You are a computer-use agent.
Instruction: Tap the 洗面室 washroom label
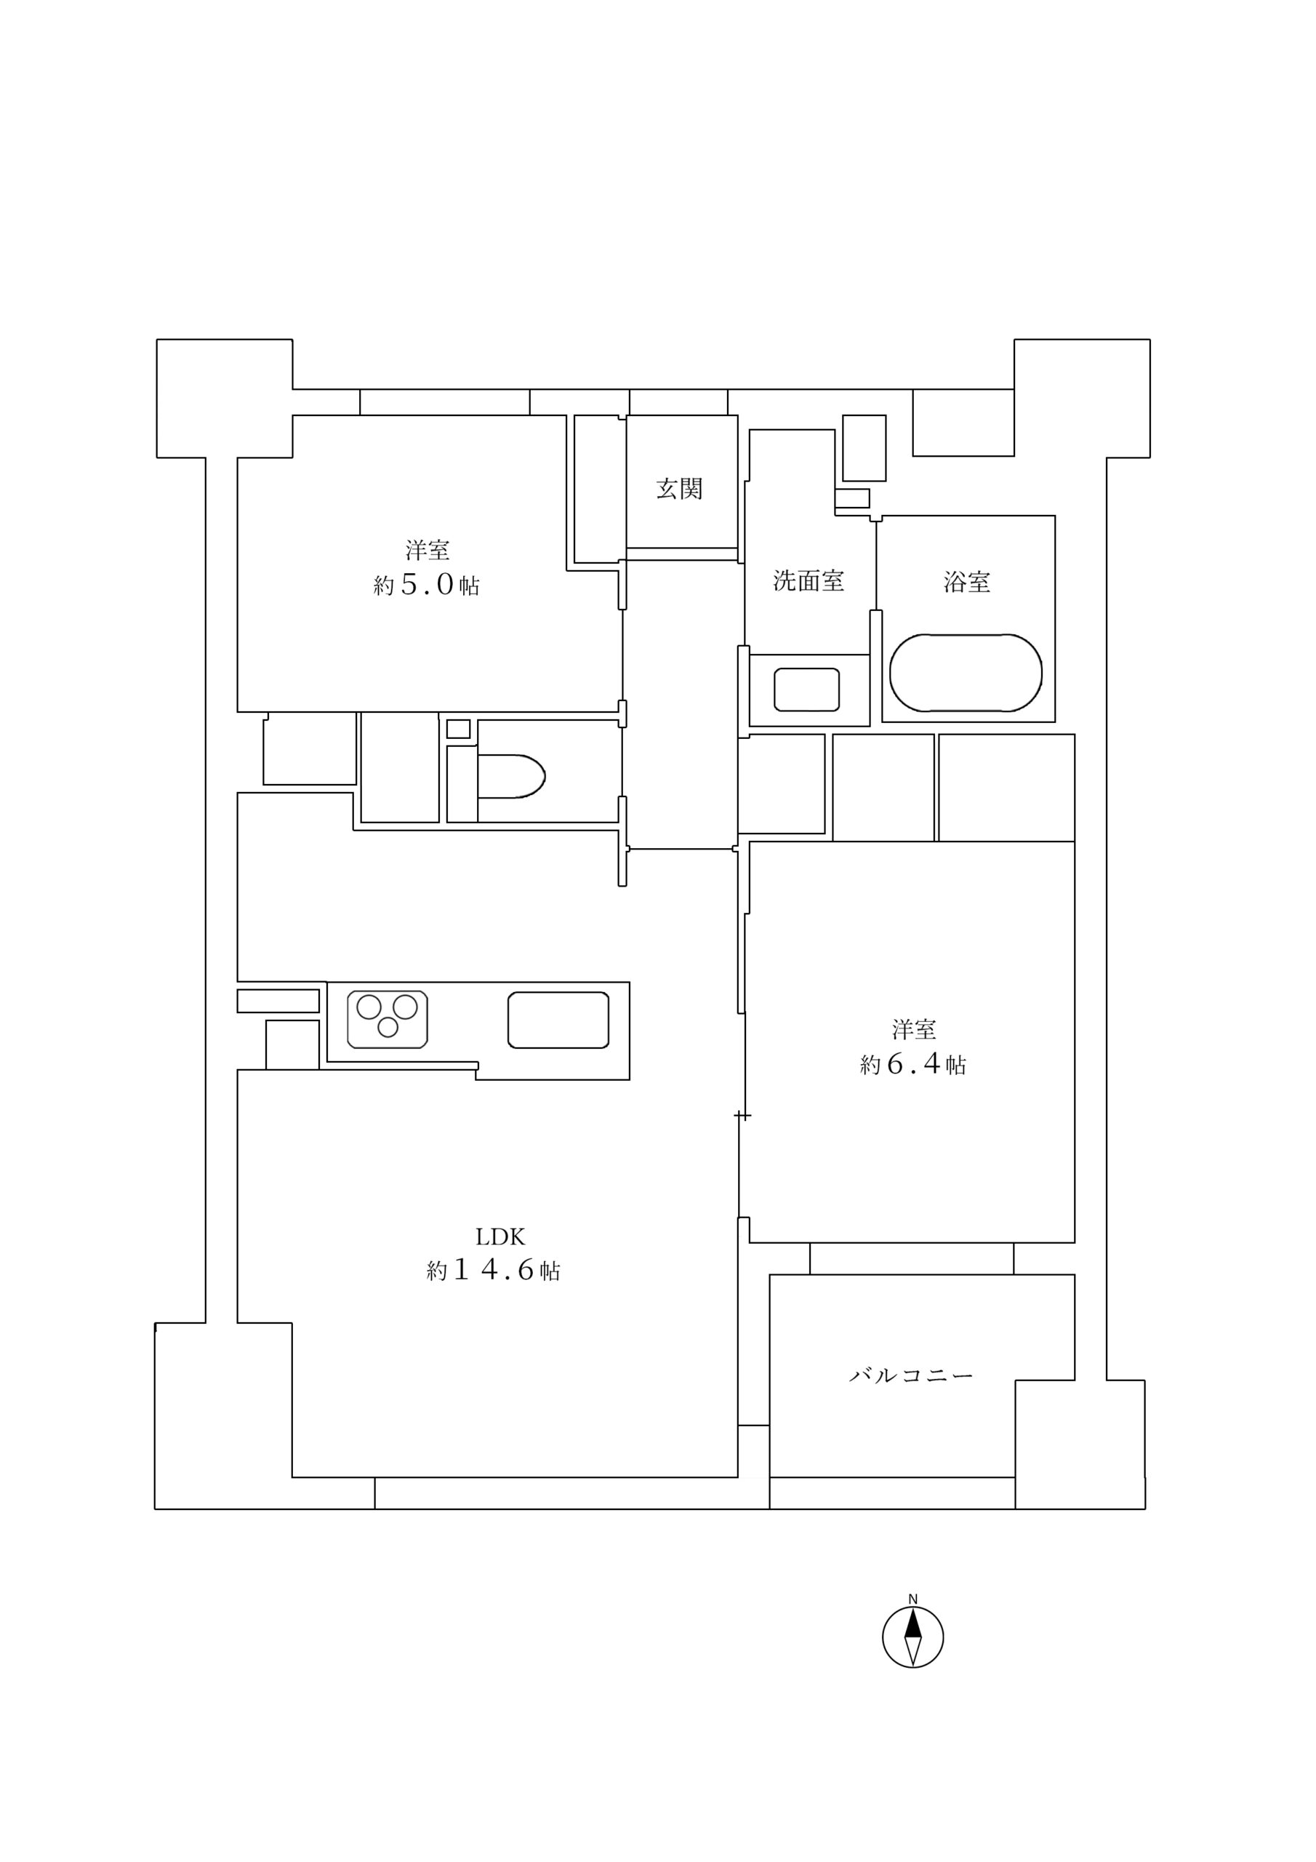click(808, 580)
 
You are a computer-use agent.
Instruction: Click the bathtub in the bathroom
click(965, 673)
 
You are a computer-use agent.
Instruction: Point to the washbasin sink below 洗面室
click(806, 690)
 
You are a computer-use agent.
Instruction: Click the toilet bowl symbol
click(511, 776)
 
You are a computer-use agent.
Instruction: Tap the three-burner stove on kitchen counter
click(388, 1018)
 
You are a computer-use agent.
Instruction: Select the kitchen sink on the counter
click(558, 1020)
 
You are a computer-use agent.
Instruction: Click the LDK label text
click(500, 1236)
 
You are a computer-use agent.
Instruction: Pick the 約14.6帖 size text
click(493, 1271)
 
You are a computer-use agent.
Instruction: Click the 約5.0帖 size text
click(427, 585)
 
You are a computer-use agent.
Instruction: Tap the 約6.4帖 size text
click(913, 1064)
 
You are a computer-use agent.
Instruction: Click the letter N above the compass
click(912, 1599)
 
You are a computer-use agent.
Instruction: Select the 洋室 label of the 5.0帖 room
click(428, 551)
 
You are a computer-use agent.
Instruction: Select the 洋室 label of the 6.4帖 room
click(914, 1030)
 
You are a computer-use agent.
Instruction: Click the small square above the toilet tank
click(458, 728)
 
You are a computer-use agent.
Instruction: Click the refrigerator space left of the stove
click(292, 1044)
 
